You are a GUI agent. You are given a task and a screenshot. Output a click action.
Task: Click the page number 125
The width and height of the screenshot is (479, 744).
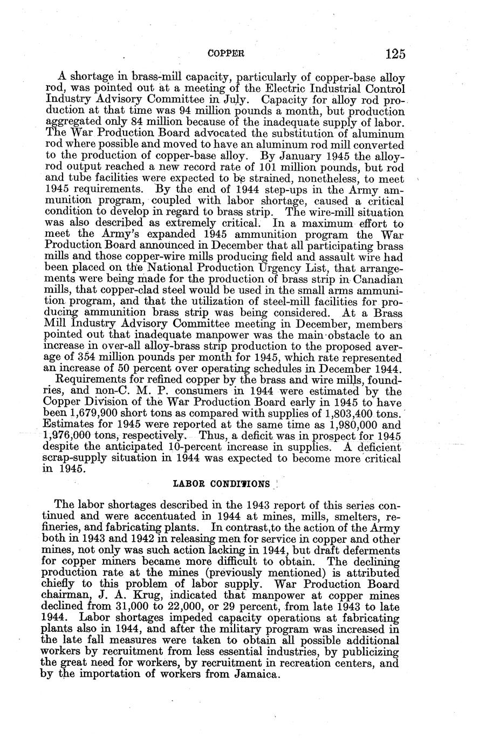[395, 54]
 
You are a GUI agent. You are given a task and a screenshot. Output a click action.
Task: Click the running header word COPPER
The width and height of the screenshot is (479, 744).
[227, 54]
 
